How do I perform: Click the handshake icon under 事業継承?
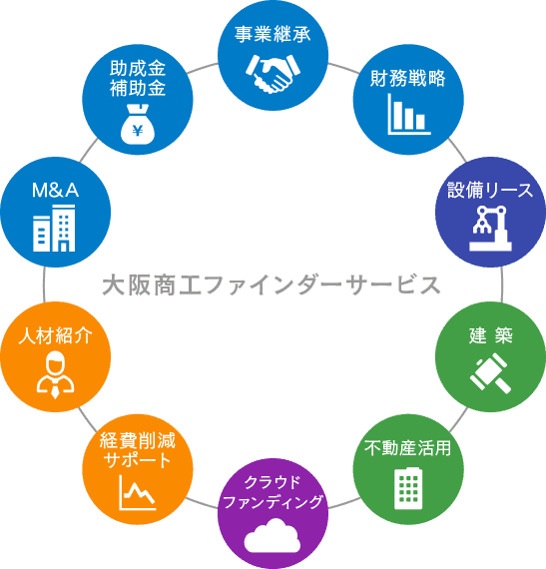[x=273, y=74]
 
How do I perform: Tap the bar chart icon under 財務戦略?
[x=409, y=114]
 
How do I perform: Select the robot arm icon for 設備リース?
[x=490, y=228]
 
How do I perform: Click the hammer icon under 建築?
[x=490, y=374]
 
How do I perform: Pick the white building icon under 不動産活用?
[x=408, y=488]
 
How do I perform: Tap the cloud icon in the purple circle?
[x=273, y=535]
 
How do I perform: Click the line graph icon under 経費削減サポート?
[x=138, y=492]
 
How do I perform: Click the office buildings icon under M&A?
[x=54, y=228]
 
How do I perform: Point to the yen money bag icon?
[x=138, y=124]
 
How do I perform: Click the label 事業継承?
[x=273, y=35]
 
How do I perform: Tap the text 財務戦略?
[x=408, y=78]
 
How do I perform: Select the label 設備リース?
[x=490, y=190]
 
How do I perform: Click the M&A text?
[x=55, y=190]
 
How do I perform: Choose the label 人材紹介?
[x=55, y=335]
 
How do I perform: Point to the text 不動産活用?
[x=408, y=448]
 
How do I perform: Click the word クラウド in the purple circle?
[x=273, y=482]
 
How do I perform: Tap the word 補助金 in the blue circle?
[x=138, y=88]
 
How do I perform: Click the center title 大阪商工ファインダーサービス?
[x=272, y=285]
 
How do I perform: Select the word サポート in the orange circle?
[x=138, y=460]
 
